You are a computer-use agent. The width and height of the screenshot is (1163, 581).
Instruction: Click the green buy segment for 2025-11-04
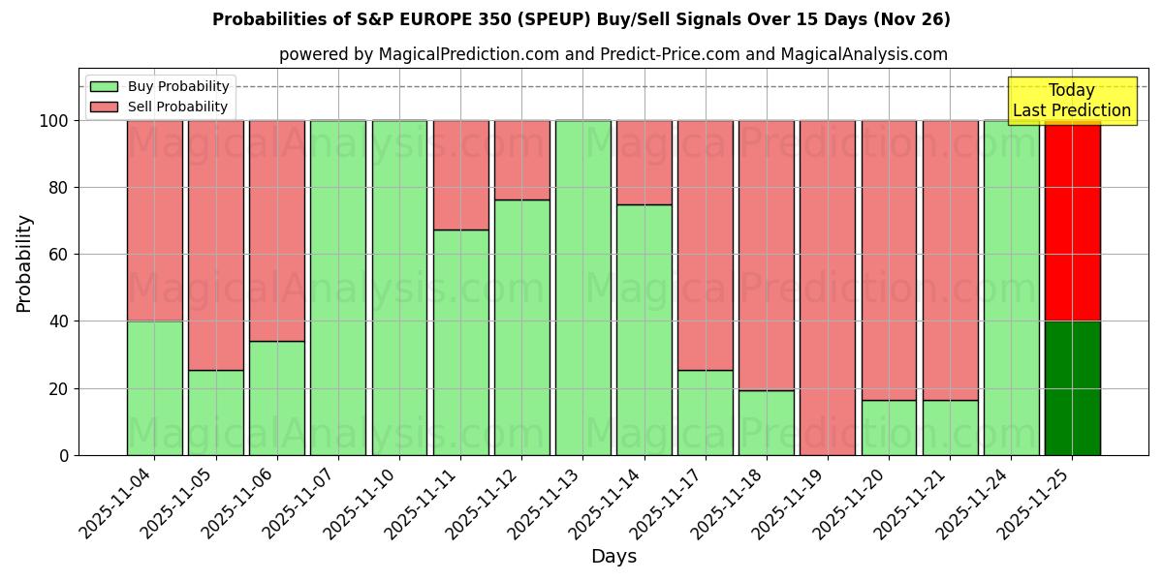point(154,387)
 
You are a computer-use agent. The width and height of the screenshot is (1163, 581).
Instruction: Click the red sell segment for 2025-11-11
point(460,175)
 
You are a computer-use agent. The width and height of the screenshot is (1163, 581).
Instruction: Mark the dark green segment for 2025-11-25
point(1072,387)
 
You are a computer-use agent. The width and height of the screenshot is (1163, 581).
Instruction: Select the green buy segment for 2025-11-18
point(767,422)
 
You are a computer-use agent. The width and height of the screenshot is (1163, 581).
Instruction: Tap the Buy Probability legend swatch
point(104,87)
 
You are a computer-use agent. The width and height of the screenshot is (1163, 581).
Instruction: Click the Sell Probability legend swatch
point(104,107)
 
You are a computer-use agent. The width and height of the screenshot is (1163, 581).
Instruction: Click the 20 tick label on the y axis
point(58,388)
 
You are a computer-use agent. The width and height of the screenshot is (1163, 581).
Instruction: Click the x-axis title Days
point(613,557)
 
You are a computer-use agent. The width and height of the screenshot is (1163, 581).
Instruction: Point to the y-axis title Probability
point(24,262)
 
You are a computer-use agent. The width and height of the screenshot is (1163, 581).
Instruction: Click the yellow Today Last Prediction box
point(1072,101)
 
